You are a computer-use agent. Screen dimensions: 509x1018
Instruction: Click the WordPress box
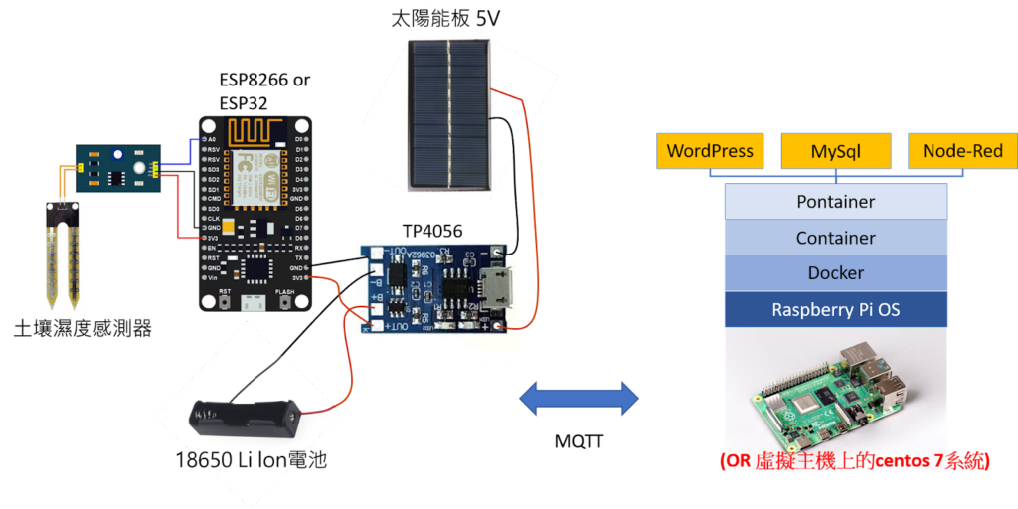pos(710,152)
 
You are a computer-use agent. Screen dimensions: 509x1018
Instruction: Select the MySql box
pos(835,152)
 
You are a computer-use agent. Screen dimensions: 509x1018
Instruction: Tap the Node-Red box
pos(962,152)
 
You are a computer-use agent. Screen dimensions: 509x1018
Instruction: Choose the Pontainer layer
pos(835,202)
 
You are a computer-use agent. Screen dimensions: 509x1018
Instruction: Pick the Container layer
pos(835,238)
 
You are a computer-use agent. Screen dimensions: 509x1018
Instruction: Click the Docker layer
pos(835,273)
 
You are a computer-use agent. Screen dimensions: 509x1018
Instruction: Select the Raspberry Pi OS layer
pos(835,310)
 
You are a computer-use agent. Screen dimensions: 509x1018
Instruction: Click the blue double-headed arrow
pos(580,399)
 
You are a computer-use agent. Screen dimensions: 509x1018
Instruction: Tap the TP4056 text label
pos(432,231)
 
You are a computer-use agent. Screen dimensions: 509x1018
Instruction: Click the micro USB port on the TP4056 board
pos(492,285)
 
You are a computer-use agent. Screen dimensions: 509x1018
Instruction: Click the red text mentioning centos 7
pos(854,461)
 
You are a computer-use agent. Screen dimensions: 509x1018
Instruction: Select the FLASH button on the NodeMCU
pos(286,303)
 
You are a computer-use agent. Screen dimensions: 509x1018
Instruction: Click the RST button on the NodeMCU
pos(226,303)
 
